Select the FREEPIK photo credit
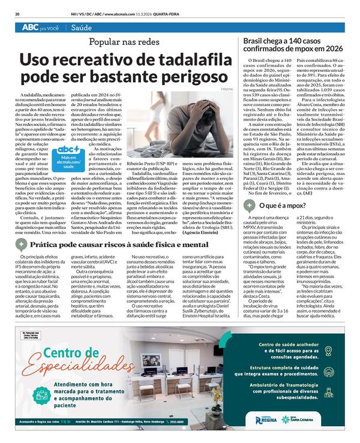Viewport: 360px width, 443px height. pyautogui.click(x=227, y=90)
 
